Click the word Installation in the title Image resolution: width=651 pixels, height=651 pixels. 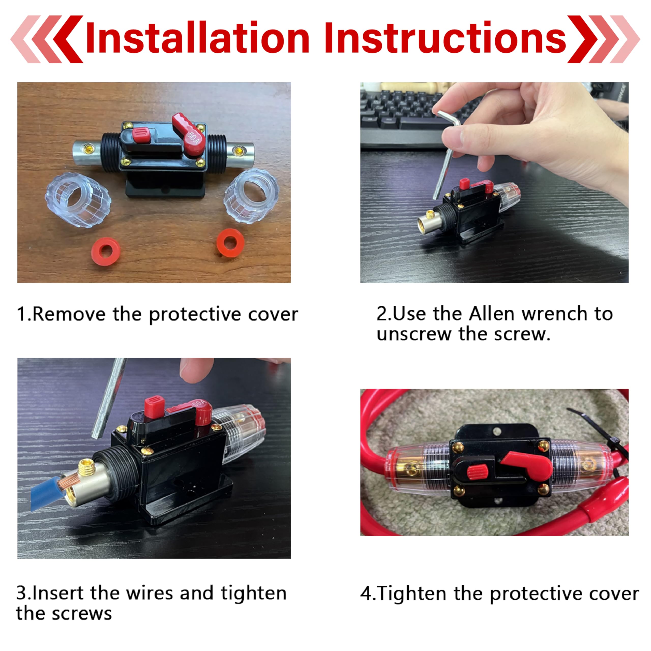tap(197, 38)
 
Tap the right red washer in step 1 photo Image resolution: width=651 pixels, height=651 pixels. tap(230, 243)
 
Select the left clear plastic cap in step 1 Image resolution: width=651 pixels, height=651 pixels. tap(78, 199)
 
